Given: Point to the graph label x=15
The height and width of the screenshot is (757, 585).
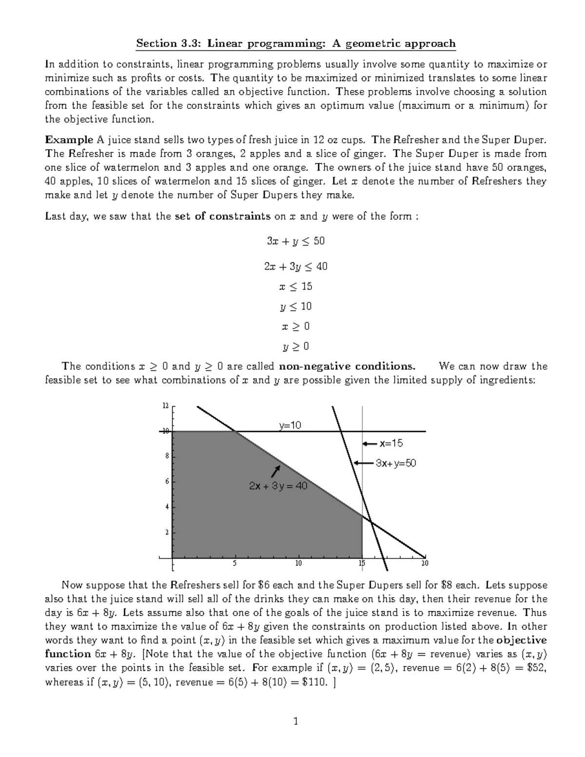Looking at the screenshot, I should click(391, 444).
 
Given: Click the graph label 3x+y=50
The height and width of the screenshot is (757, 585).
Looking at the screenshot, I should click(395, 463).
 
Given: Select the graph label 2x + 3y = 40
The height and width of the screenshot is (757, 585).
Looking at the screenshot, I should click(278, 486).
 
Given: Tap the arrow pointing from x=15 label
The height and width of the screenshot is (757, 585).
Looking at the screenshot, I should click(370, 444).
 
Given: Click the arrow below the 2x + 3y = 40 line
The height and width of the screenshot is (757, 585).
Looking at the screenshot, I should click(276, 471).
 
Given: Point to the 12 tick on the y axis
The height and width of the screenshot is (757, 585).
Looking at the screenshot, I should click(166, 406).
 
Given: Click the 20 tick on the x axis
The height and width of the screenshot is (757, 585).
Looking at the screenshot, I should click(425, 563).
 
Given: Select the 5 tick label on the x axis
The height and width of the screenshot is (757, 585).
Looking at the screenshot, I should click(235, 563).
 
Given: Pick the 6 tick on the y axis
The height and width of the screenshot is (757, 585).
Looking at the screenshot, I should click(167, 482).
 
